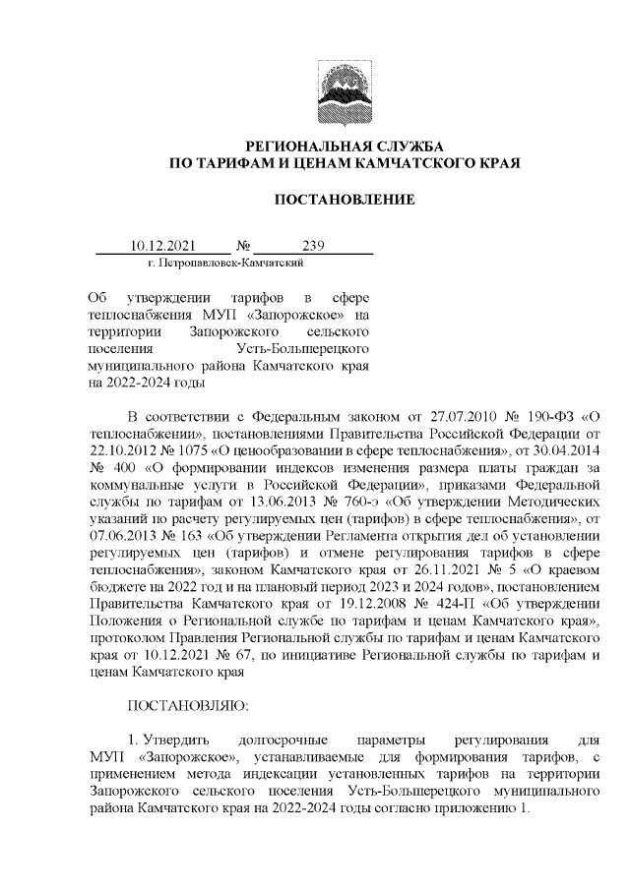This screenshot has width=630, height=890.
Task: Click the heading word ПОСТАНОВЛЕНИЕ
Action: coord(344,200)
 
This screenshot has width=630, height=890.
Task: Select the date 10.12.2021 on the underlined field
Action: coord(163,246)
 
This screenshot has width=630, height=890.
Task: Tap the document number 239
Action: coord(314,246)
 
